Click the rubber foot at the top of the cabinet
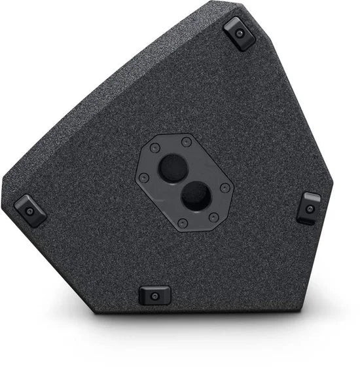[239, 33]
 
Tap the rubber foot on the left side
[30, 210]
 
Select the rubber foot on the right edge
[309, 208]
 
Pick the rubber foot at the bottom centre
[155, 295]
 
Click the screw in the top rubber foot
[240, 33]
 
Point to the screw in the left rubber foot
[30, 211]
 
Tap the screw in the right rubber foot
[310, 209]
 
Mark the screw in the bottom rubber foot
[155, 296]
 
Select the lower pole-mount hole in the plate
[195, 195]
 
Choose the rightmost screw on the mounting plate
[225, 188]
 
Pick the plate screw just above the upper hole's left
[155, 149]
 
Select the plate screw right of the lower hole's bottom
[213, 218]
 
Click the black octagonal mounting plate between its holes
[184, 182]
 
